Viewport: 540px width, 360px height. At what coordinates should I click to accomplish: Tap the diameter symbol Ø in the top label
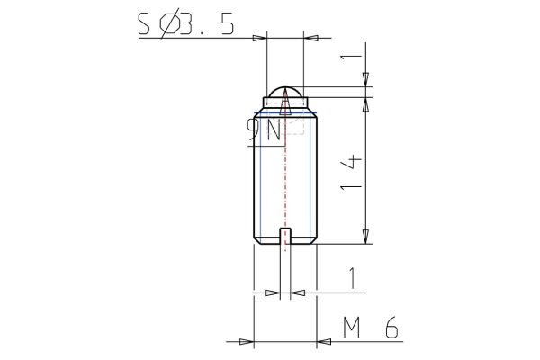tap(173, 22)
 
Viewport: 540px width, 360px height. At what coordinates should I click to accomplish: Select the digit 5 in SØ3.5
tap(225, 22)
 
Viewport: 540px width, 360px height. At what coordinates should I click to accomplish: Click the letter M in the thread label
tap(353, 328)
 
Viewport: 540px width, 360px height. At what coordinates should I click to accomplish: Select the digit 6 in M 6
tap(391, 328)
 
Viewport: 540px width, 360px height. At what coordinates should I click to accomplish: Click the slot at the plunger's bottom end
tap(285, 236)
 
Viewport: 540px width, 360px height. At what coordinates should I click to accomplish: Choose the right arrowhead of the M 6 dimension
tap(323, 342)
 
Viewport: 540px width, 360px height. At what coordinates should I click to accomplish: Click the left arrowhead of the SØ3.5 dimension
tap(260, 38)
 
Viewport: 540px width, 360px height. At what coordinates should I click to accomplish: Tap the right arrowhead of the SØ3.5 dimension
tap(310, 38)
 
